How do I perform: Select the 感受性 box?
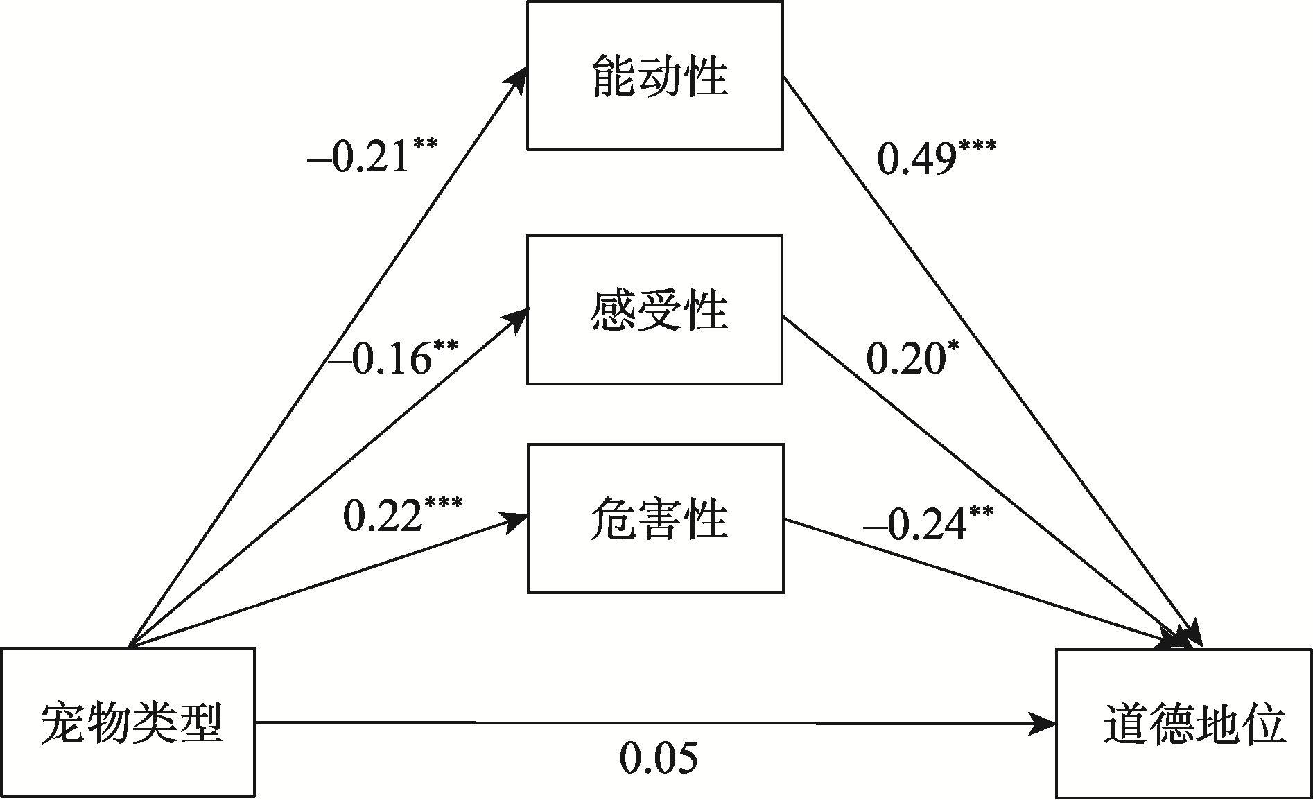point(655,309)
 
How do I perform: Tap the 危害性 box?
point(655,519)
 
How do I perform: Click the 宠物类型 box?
point(128,723)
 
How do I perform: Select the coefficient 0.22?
point(383,516)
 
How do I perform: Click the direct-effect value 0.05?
point(658,758)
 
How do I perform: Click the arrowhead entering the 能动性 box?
point(517,76)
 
